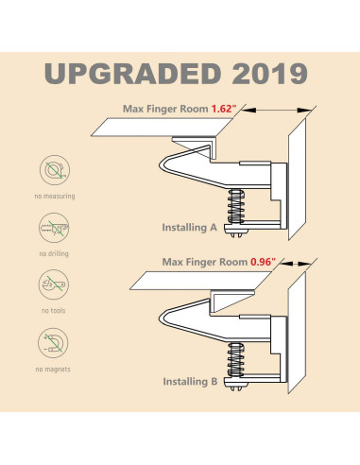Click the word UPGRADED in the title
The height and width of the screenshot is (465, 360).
pos(132,74)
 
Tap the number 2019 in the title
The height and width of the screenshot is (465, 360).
pos(269,74)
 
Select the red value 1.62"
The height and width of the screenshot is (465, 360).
pos(224,109)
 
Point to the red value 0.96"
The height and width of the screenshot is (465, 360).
pos(263,262)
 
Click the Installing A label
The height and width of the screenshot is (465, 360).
pos(190,228)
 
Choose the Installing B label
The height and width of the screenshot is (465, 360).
pos(190,382)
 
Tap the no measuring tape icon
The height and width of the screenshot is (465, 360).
pos(55,170)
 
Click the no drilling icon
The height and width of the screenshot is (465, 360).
pos(54,228)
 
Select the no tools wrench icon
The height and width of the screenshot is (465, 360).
pos(54,284)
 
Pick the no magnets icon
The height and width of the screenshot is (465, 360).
pos(53,343)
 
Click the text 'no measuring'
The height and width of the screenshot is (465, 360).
pos(55,197)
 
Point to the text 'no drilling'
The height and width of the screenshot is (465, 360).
pos(54,253)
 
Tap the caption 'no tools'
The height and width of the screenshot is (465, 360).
pos(54,311)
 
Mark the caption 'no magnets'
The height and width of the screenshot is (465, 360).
pos(53,370)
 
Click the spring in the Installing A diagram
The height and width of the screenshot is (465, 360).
pos(236,206)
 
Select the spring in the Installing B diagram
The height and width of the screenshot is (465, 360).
pos(236,360)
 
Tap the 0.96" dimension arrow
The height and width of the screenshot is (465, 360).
pos(296,264)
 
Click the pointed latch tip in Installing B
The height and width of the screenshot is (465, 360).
pos(160,319)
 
